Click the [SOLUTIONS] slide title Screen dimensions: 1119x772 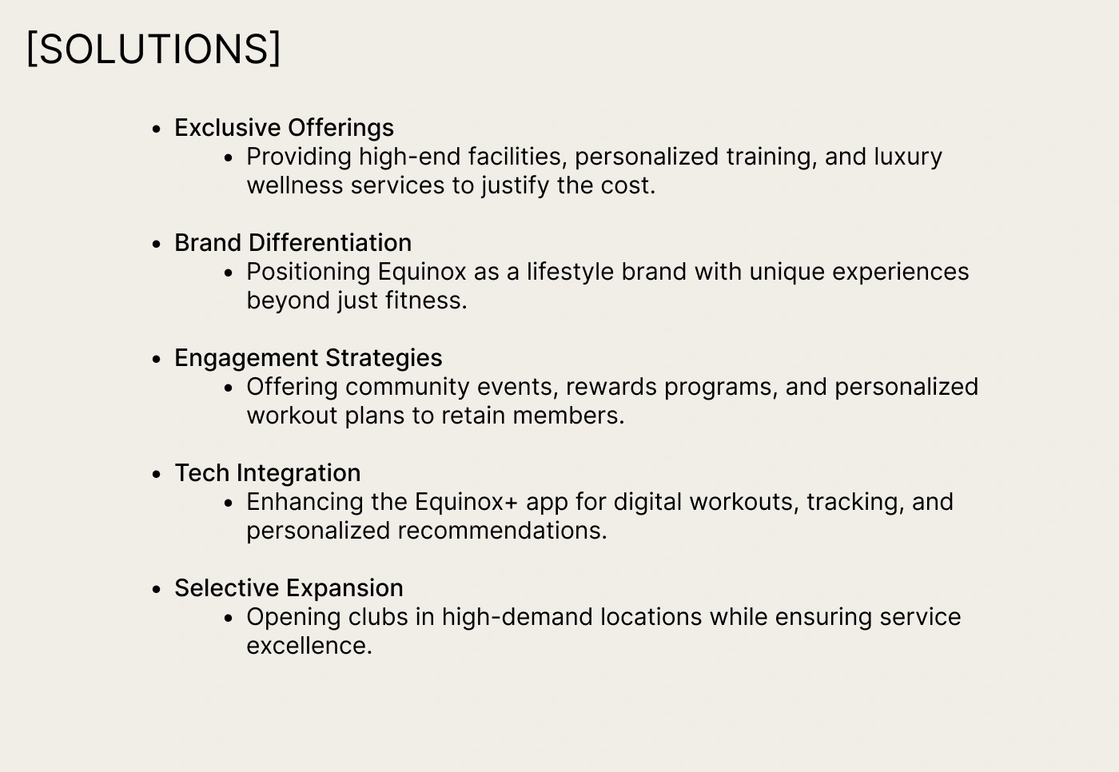point(153,49)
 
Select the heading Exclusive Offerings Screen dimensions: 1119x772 point(285,128)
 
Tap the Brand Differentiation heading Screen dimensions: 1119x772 point(293,243)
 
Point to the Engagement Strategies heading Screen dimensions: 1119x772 point(309,358)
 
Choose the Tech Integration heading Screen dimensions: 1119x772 point(268,473)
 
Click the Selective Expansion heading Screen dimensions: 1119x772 point(289,587)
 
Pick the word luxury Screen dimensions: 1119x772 point(908,157)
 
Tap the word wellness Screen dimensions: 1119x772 point(295,185)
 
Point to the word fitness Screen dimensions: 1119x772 point(426,300)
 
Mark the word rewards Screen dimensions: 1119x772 point(611,388)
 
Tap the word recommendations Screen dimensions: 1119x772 point(502,531)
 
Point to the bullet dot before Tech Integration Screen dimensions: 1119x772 point(157,474)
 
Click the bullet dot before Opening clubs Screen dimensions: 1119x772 point(229,619)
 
